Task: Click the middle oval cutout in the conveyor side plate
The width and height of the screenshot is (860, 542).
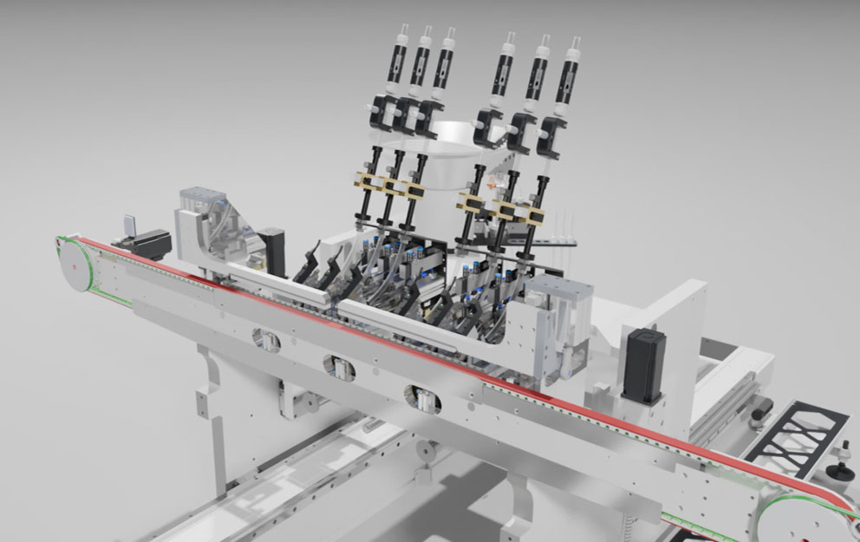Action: [x=339, y=367]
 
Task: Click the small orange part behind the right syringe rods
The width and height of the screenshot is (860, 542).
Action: [x=494, y=185]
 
